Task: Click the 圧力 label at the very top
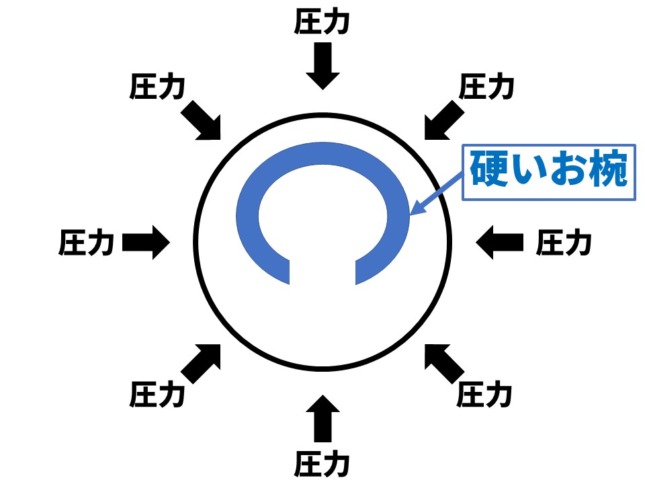pyautogui.click(x=322, y=23)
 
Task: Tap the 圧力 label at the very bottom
pyautogui.click(x=322, y=463)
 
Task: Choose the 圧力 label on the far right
pyautogui.click(x=564, y=243)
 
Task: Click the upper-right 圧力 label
pyautogui.click(x=486, y=87)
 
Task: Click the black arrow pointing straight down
pyautogui.click(x=322, y=65)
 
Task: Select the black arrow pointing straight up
pyautogui.click(x=322, y=419)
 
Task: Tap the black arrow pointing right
pyautogui.click(x=146, y=243)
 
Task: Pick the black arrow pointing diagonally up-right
pyautogui.click(x=202, y=363)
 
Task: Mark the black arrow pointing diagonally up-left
pyautogui.click(x=443, y=363)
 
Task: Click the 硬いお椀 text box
pyautogui.click(x=548, y=171)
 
